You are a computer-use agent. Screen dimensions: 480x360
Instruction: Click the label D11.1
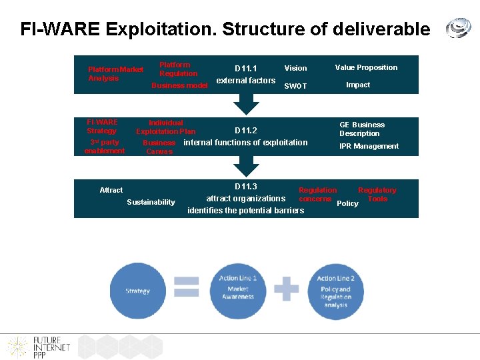245,68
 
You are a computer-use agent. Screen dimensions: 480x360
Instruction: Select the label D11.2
245,131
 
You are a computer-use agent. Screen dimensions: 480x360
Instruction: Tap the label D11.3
245,187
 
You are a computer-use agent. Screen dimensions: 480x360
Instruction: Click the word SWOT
295,86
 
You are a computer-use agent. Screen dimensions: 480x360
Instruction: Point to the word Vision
295,68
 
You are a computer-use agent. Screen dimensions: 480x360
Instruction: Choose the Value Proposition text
366,67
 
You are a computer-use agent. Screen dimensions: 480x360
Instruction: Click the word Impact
358,85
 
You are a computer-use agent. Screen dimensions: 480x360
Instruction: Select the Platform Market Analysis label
115,74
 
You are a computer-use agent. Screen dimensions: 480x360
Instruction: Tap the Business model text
179,85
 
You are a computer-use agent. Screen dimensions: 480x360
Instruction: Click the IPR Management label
369,146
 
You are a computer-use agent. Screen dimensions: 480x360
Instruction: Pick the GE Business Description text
361,129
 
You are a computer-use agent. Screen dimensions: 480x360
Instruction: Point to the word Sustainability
151,202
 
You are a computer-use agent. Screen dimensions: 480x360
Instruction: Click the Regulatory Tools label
377,194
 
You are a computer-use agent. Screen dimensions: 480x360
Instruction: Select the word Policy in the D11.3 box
347,203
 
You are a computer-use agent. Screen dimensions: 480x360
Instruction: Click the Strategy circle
137,291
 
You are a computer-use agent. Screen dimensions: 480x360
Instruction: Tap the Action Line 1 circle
238,289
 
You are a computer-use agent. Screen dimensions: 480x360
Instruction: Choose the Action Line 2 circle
335,291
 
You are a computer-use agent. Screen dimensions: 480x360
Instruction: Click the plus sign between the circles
287,288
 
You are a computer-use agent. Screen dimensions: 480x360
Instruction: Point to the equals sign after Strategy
187,287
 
